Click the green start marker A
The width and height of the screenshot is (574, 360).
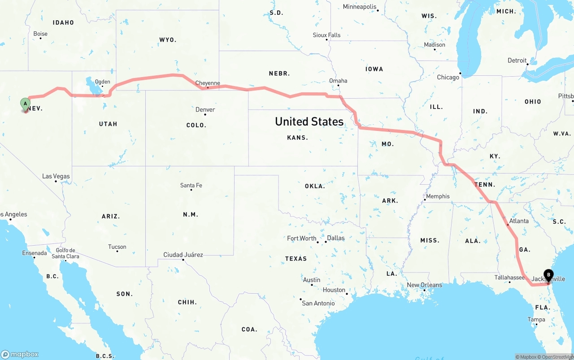26,104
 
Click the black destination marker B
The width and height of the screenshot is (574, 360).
548,275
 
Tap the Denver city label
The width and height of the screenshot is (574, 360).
205,110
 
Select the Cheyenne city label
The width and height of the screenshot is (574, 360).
208,83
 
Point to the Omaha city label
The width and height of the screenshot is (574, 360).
338,81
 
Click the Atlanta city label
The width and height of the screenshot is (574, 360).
519,221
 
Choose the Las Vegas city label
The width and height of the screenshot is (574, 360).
56,176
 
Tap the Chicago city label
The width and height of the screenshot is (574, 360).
448,77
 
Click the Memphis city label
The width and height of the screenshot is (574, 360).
438,196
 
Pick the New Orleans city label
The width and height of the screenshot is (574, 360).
424,285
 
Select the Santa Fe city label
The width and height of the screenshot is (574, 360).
191,185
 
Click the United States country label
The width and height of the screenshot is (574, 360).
309,121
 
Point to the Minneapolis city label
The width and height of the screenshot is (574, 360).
360,7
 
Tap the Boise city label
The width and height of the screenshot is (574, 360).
40,34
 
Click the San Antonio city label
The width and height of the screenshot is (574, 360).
318,303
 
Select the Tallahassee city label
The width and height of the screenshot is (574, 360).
509,278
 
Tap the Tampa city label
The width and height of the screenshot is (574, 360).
536,320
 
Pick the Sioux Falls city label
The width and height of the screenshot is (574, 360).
326,35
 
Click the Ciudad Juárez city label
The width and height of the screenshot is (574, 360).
183,255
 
